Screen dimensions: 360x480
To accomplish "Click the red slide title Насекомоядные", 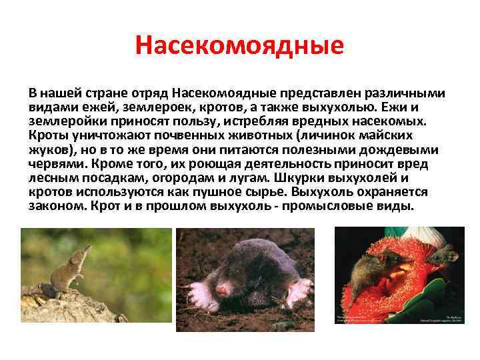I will [x=239, y=45].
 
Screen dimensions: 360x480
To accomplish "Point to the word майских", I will [x=395, y=135].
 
